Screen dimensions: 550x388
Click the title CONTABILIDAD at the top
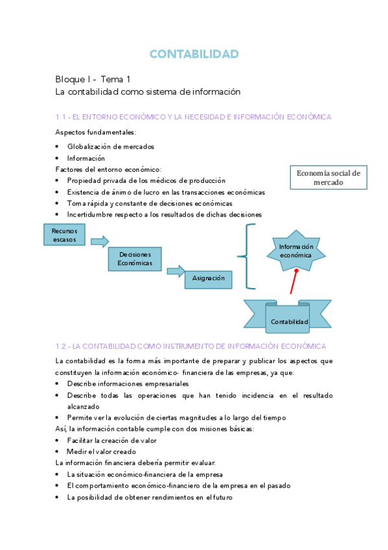194,54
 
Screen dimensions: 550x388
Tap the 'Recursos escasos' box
64,235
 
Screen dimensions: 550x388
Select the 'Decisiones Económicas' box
135,259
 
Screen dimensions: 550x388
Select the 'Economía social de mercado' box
328,178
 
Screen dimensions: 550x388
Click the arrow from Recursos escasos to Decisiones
99,242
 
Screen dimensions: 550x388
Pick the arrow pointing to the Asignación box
176,272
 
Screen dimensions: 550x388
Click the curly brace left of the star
246,257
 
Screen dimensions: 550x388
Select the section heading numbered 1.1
193,117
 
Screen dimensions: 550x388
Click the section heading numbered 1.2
191,347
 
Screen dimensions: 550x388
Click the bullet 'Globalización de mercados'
111,147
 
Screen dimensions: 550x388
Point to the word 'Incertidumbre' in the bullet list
89,214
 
